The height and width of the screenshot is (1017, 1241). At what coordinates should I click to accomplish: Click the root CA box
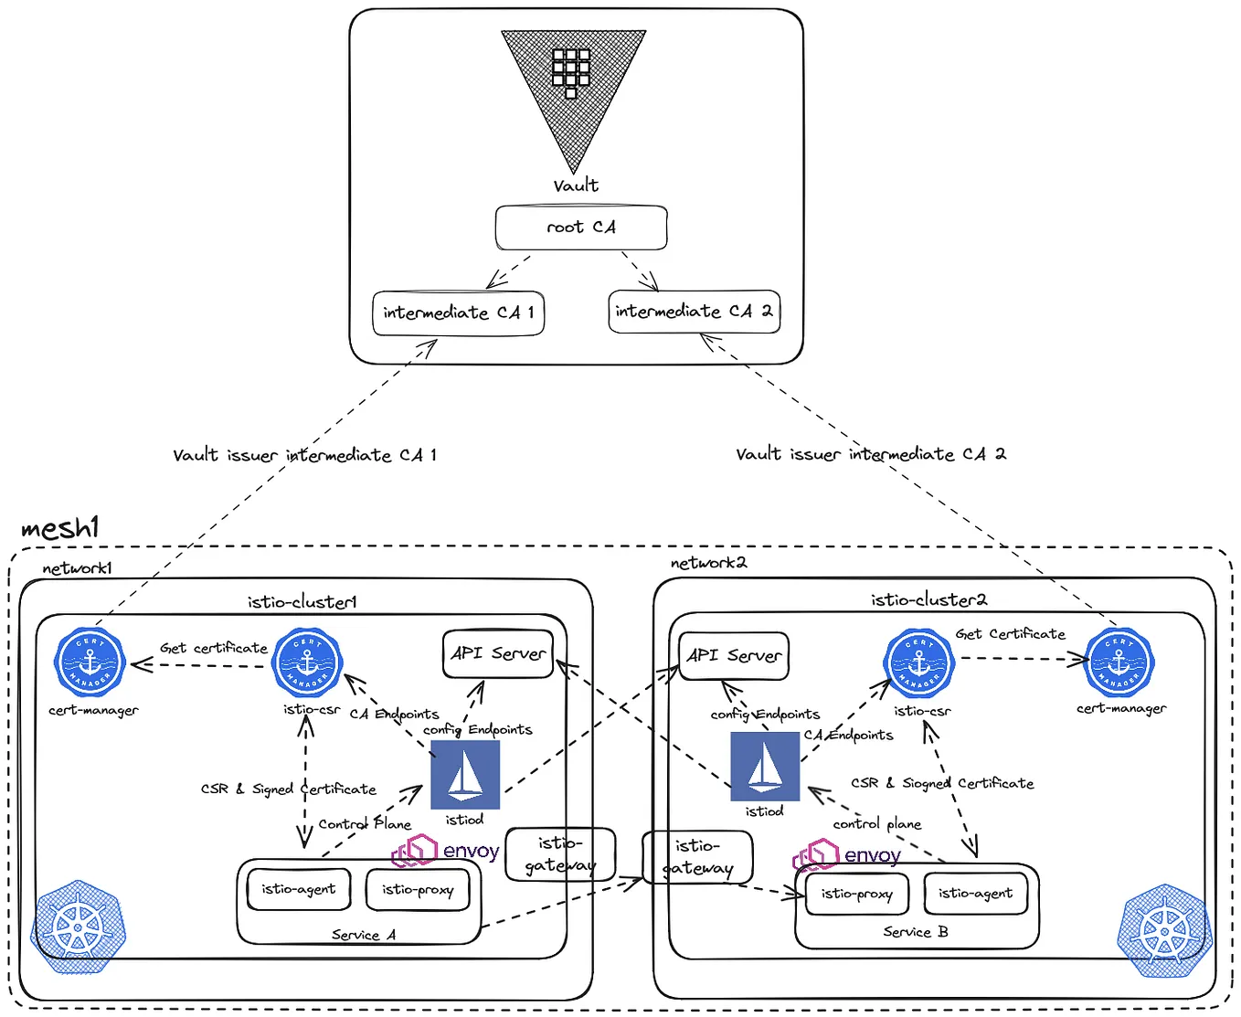[x=581, y=228]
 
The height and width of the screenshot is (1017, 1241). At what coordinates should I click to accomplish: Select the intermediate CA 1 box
[x=458, y=313]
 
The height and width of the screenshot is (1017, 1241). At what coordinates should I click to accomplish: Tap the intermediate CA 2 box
[x=694, y=312]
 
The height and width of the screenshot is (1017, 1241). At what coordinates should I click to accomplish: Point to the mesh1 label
[x=59, y=528]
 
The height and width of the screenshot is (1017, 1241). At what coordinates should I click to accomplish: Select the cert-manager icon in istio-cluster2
[x=1119, y=662]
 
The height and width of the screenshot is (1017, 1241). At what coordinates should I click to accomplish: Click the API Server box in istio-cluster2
[x=734, y=656]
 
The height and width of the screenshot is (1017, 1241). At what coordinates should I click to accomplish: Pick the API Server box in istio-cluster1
[x=498, y=654]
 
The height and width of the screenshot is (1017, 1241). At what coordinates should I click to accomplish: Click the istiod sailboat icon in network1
[x=465, y=775]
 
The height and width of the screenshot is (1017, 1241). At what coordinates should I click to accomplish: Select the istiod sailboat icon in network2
[x=765, y=767]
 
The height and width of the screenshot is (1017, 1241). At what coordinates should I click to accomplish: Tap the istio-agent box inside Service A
[x=299, y=889]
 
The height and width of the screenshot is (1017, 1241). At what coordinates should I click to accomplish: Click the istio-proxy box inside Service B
[x=856, y=894]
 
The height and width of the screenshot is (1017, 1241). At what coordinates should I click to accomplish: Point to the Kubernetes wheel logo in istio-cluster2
[x=1164, y=931]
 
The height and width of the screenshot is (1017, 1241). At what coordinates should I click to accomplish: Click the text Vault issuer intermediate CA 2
[x=870, y=454]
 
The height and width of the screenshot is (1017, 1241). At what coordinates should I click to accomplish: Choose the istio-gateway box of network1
[x=560, y=854]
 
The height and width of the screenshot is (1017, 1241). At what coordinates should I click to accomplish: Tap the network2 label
[x=708, y=563]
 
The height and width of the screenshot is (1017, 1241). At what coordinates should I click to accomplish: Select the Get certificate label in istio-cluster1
[x=214, y=648]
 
